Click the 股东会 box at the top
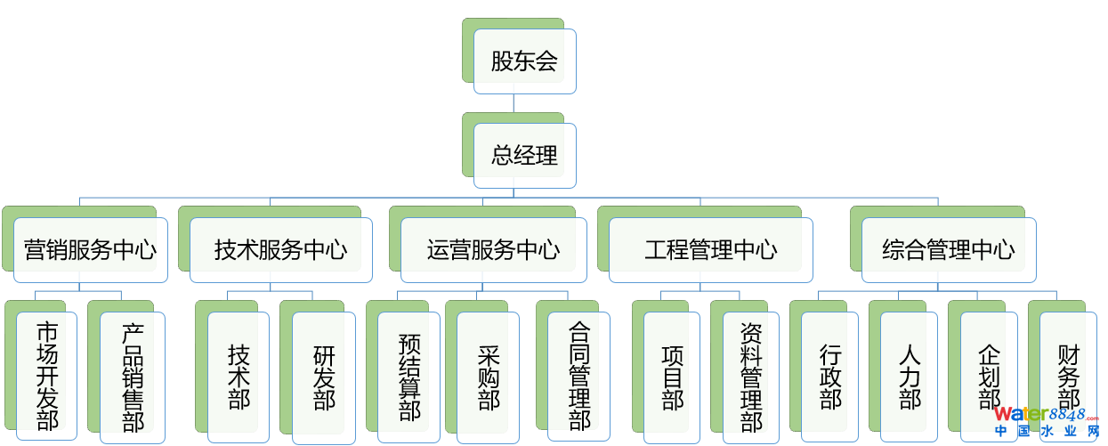click(524, 61)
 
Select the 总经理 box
click(524, 156)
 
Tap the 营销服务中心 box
click(91, 250)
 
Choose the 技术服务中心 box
click(280, 250)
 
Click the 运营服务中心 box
click(493, 250)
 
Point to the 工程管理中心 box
click(710, 250)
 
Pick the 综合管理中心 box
click(948, 250)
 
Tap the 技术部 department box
click(239, 376)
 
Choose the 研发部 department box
click(324, 376)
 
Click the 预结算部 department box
click(408, 376)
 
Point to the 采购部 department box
click(488, 376)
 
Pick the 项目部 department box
click(672, 376)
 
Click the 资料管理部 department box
click(751, 376)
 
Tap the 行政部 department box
click(829, 376)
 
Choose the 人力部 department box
click(909, 376)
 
